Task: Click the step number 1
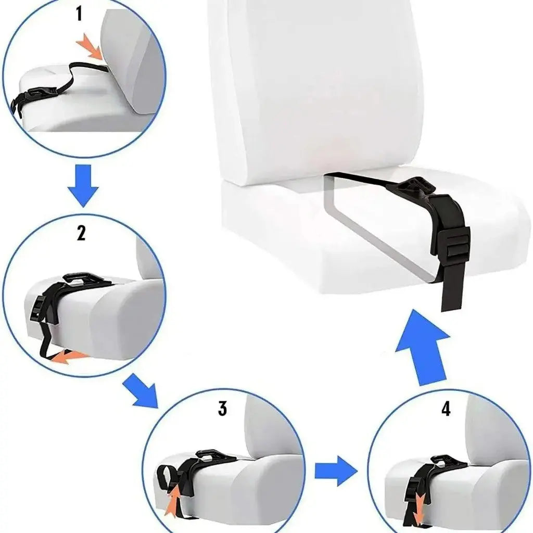pos(79,14)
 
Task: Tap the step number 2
pos(81,233)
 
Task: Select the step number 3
pos(222,408)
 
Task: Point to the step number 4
pos(446,409)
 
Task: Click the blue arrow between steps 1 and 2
pos(83,185)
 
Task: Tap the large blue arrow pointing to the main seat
pos(422,348)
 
